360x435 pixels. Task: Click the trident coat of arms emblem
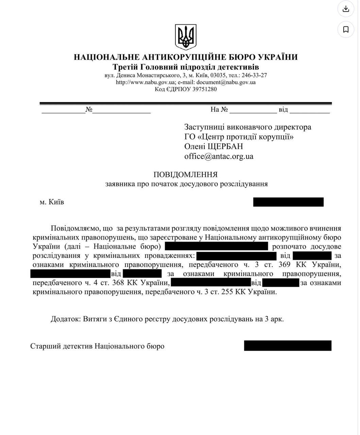click(186, 37)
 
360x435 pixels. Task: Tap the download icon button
click(346, 9)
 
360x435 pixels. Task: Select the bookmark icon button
click(346, 30)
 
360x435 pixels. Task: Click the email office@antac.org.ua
click(219, 156)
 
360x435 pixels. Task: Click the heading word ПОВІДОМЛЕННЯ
click(186, 175)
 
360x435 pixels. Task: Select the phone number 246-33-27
click(254, 75)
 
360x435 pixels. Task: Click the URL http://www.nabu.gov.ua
click(145, 82)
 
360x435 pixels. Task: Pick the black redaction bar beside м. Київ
click(288, 202)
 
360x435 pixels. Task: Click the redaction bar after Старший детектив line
click(288, 346)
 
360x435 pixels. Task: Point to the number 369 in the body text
click(284, 264)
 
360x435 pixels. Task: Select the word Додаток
click(66, 319)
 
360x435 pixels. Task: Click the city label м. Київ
click(52, 202)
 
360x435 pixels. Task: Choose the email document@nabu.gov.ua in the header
click(226, 82)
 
